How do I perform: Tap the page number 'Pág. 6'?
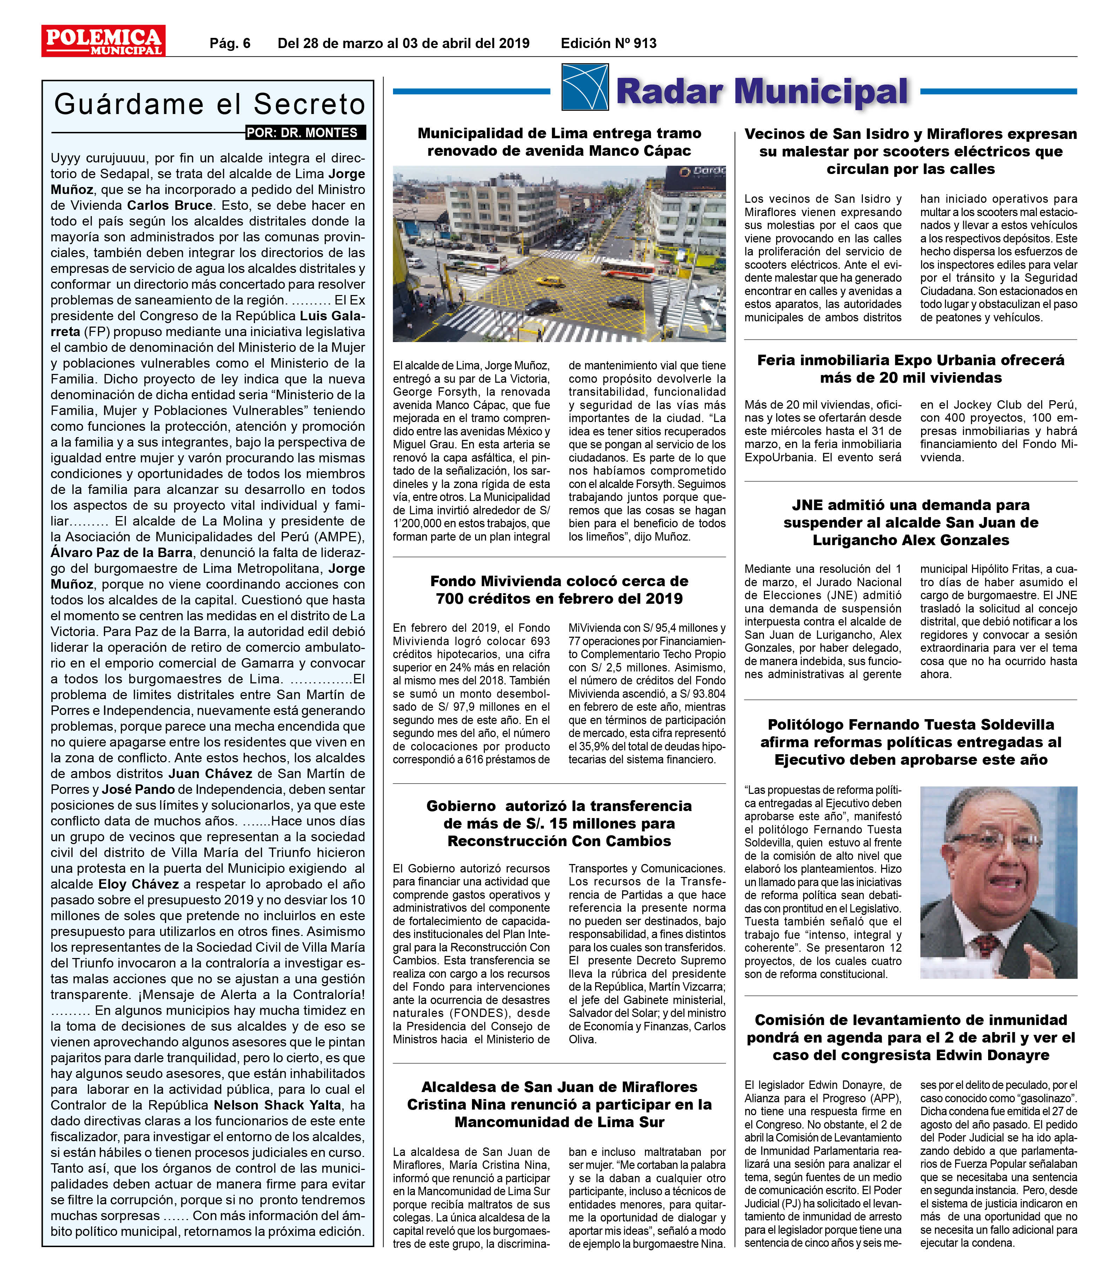click(x=229, y=43)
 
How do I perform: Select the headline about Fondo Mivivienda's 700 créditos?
click(x=559, y=590)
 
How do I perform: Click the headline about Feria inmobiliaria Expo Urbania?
click(x=911, y=368)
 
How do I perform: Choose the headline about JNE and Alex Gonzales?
click(x=911, y=522)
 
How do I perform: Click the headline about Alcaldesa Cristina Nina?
click(x=559, y=1122)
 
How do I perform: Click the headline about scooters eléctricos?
click(x=911, y=151)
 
